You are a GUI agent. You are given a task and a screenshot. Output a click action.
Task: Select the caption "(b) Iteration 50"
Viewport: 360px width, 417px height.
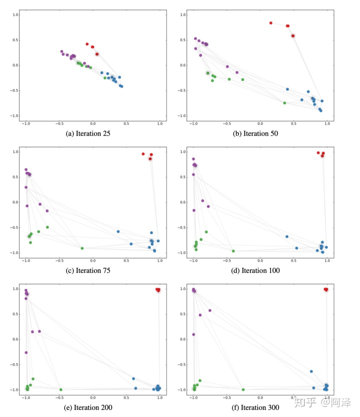pos(259,133)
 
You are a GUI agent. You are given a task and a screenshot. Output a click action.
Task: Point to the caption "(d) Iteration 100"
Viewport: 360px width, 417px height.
pos(259,270)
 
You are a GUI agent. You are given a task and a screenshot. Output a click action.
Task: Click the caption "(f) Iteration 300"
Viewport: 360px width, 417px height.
pos(259,407)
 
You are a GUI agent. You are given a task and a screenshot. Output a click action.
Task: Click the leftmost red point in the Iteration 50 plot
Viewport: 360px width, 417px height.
pos(271,23)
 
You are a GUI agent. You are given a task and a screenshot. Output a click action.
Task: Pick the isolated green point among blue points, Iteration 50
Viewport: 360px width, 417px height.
pos(284,103)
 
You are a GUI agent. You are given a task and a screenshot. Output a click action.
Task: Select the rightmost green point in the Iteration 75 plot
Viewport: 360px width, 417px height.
pos(82,248)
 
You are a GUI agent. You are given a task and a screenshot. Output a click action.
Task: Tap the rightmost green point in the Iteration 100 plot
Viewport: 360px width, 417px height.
pos(233,251)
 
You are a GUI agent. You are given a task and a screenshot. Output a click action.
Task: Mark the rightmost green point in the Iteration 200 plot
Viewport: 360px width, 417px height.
pos(60,389)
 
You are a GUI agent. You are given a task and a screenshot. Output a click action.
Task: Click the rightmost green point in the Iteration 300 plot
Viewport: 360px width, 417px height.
pos(243,389)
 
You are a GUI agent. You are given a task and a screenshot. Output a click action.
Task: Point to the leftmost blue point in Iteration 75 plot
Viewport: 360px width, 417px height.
pos(118,231)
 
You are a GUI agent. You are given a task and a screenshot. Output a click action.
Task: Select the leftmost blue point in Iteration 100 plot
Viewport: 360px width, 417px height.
pos(287,236)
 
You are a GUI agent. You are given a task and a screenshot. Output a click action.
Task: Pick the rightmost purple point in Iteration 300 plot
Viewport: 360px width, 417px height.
pos(210,310)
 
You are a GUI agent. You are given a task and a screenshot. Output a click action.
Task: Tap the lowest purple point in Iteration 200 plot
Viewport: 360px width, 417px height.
pos(26,352)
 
